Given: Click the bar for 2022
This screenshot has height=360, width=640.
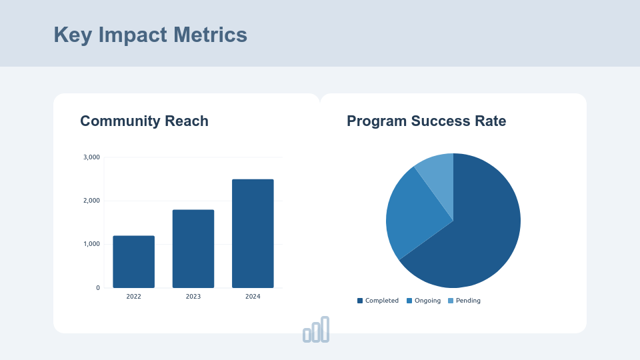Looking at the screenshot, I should click(x=133, y=262).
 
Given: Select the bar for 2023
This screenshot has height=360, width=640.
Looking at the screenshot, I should click(x=193, y=249).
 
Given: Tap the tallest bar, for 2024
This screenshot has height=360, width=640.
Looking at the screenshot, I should click(x=253, y=233).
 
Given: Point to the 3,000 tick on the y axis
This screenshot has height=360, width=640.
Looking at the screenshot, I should click(x=91, y=157).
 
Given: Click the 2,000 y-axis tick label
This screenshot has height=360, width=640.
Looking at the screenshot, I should click(x=91, y=201).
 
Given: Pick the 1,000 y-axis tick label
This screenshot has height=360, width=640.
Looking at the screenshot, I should click(x=91, y=244).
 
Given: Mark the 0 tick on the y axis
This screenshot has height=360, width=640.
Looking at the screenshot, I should click(x=98, y=288).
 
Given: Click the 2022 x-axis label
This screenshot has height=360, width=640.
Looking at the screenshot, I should click(x=133, y=297).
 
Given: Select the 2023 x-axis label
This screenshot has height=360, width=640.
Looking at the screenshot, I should click(x=193, y=297).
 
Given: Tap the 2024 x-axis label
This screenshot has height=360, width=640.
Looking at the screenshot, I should click(x=253, y=297).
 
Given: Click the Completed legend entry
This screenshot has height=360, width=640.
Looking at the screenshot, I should click(x=378, y=301).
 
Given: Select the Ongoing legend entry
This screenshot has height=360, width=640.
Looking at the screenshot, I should click(x=424, y=301).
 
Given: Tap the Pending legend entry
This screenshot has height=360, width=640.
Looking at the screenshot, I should click(x=464, y=301).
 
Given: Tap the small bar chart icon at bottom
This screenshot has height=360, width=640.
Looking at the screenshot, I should click(x=316, y=330).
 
